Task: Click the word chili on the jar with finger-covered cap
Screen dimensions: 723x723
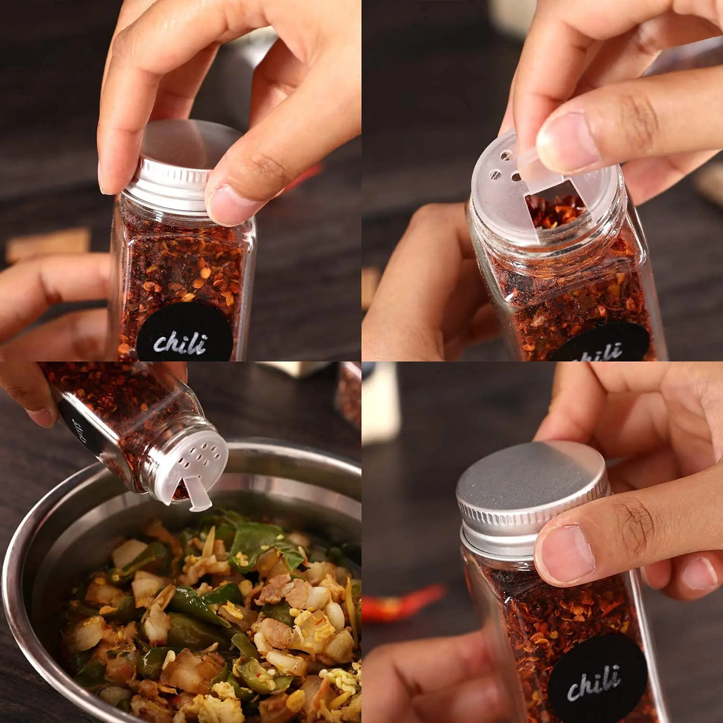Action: tap(181, 342)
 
